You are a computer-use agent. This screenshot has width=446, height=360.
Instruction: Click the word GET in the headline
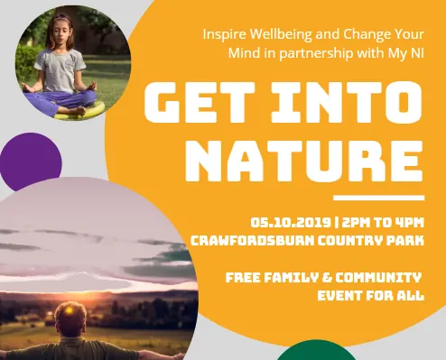coord(200,102)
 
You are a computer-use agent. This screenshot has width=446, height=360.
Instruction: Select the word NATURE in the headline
coord(304,161)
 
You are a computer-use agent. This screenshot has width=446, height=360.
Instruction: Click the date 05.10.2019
coord(291,223)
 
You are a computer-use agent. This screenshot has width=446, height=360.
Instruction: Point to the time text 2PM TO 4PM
coord(383,223)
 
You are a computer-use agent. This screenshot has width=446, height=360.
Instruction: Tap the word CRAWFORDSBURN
coord(252,241)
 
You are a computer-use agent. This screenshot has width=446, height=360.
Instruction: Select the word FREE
coord(243,277)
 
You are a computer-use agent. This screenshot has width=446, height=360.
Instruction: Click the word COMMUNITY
coord(378,277)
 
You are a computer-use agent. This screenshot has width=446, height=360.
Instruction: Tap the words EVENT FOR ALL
coord(371,295)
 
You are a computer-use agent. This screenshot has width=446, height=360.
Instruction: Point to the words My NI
coord(406,53)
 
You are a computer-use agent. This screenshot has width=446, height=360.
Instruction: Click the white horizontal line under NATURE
coord(379,198)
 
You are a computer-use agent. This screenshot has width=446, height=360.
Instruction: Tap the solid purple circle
coord(31,162)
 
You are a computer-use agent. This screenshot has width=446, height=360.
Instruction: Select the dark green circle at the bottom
coord(316,351)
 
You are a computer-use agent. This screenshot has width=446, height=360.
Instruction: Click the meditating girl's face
coord(62,34)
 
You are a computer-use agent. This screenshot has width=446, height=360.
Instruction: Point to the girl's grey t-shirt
coord(60,70)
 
